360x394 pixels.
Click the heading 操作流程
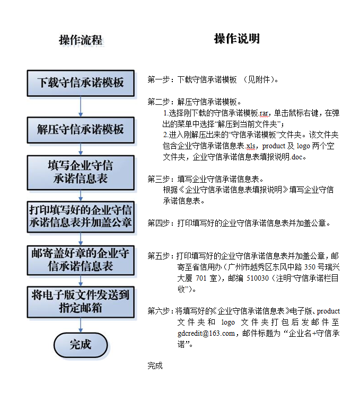point(80,41)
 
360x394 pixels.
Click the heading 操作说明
point(236,39)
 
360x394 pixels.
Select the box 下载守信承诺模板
point(81,83)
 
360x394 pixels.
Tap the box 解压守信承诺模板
point(81,129)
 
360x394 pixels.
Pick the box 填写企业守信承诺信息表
point(81,172)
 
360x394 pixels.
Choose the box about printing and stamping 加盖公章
point(81,216)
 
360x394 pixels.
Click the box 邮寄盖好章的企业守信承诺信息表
point(81,259)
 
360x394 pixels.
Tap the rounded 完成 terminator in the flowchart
point(81,345)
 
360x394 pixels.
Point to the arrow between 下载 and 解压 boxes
point(81,106)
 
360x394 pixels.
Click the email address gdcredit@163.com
point(206,333)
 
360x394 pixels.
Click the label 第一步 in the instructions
point(159,80)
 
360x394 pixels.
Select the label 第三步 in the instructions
point(159,178)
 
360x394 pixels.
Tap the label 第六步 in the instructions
point(159,311)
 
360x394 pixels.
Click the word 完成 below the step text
point(155,365)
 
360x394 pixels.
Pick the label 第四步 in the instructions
point(159,223)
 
